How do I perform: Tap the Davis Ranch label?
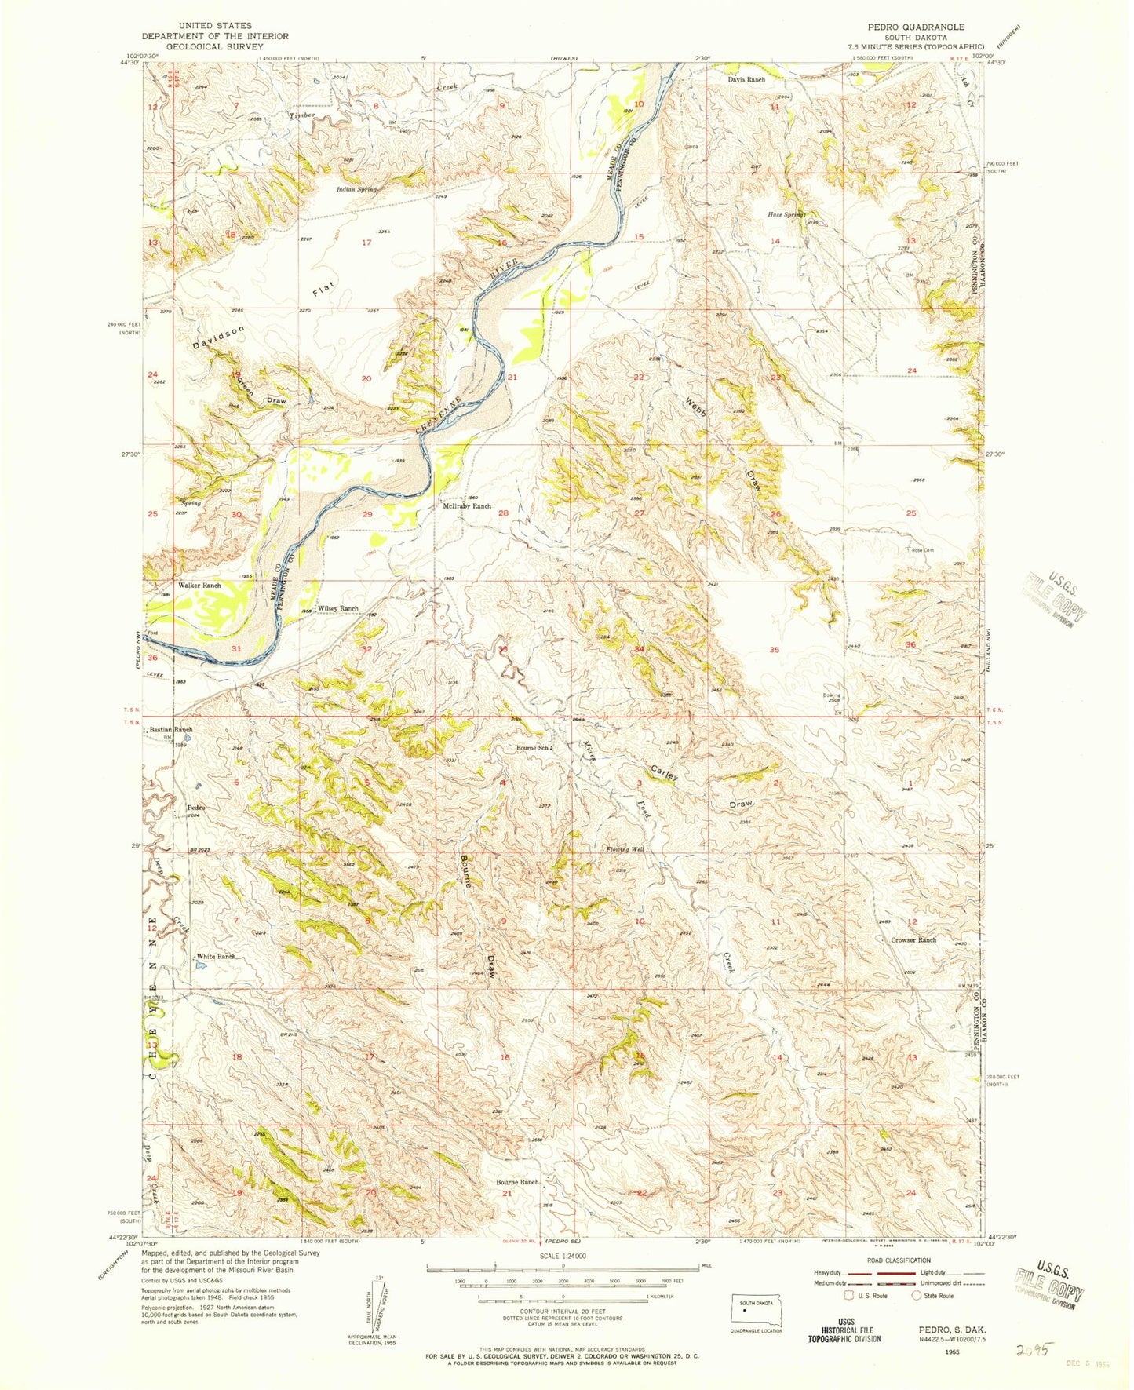(x=746, y=80)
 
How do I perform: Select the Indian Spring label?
(x=357, y=189)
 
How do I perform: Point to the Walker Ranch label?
(x=199, y=586)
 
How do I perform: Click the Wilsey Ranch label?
(x=337, y=609)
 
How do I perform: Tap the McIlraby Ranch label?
(x=466, y=506)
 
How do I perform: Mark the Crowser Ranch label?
(x=913, y=939)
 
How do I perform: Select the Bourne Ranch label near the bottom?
(x=517, y=1182)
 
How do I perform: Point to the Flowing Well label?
(x=625, y=849)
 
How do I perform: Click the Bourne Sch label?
(x=532, y=748)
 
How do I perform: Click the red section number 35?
(x=775, y=650)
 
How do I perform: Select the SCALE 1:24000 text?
(x=563, y=1278)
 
